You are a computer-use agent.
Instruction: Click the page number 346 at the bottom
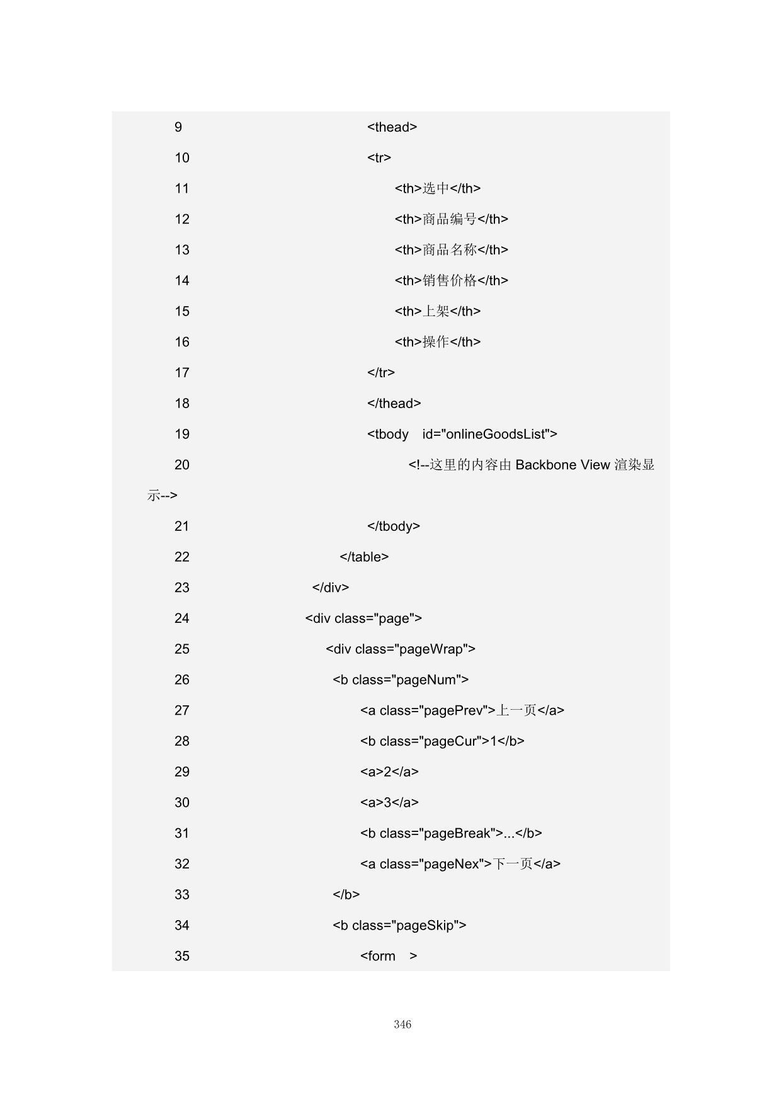[x=402, y=1025]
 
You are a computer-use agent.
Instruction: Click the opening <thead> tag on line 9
[x=392, y=127]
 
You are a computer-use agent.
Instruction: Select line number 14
[x=182, y=281]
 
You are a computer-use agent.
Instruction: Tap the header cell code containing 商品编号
[x=451, y=219]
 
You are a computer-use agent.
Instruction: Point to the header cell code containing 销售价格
[x=451, y=281]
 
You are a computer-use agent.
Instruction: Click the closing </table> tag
[x=364, y=557]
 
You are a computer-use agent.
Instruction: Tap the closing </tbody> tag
[x=394, y=526]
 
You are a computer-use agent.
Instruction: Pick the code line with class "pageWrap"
[x=401, y=649]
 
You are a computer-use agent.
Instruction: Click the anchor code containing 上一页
[x=462, y=711]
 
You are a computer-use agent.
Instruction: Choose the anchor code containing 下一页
[x=460, y=864]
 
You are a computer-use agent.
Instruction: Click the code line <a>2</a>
[x=389, y=772]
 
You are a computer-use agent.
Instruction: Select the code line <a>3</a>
[x=389, y=803]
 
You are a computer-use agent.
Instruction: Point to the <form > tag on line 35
[x=389, y=957]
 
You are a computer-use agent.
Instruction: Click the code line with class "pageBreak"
[x=451, y=834]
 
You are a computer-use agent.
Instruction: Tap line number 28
[x=182, y=741]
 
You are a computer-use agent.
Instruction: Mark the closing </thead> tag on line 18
[x=394, y=404]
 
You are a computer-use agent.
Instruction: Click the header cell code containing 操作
[x=438, y=343]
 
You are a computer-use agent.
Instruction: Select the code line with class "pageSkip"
[x=399, y=926]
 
